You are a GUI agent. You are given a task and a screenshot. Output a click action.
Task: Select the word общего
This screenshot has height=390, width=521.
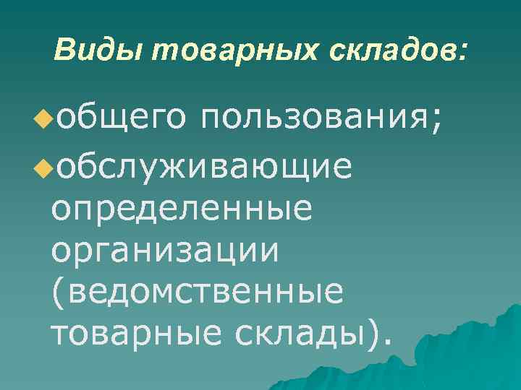tap(116, 116)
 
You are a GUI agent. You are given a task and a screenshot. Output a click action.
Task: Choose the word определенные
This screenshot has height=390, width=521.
tap(182, 209)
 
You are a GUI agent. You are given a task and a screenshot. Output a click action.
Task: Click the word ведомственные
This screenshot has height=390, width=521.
tap(203, 292)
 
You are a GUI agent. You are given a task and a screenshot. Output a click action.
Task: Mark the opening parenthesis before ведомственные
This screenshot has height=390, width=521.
tap(56, 293)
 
